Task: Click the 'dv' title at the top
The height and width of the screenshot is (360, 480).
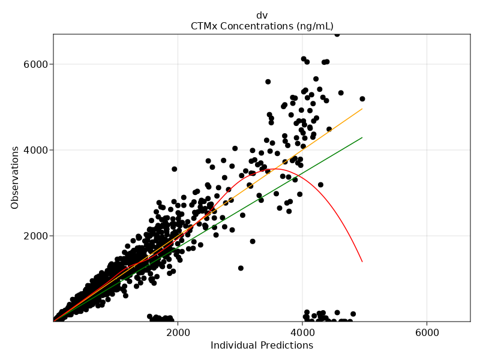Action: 262,15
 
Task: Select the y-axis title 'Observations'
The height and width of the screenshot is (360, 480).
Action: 15,178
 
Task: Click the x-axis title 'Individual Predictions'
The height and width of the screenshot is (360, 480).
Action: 262,346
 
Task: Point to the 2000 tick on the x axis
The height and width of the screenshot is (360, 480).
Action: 178,331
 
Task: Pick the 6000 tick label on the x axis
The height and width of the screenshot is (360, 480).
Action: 427,331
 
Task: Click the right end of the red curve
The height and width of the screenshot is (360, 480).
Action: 362,262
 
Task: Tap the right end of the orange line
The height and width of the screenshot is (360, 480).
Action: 362,109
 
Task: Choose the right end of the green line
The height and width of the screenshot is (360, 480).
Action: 362,137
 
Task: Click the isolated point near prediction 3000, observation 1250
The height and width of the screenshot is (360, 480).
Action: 241,268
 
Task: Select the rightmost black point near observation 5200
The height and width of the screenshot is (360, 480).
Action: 362,99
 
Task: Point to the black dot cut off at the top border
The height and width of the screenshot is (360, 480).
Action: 337,35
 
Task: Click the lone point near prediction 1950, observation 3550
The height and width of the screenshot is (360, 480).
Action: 175,169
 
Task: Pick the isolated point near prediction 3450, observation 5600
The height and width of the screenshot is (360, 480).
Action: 268,82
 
